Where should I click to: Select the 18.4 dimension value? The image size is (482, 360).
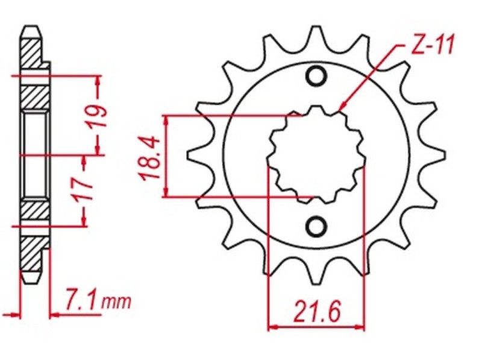point(149,158)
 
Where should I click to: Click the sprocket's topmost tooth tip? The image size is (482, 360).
point(316,27)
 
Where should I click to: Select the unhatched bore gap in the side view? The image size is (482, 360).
point(34,154)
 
